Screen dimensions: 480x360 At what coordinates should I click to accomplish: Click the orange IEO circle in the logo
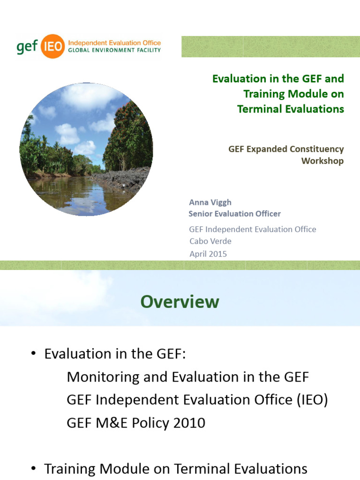point(52,46)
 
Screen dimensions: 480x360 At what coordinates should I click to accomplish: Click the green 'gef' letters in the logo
point(27,47)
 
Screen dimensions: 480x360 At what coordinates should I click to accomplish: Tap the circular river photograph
point(86,149)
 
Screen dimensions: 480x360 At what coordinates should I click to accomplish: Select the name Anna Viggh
point(210,202)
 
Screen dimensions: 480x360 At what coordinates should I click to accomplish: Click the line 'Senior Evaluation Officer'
point(234,214)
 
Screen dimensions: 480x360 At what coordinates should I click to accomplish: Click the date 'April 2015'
point(208,254)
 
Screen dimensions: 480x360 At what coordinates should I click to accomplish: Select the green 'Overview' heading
point(180,302)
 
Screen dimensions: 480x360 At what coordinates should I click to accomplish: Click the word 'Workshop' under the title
point(322,161)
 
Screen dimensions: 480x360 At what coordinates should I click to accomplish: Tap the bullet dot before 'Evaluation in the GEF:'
point(33,354)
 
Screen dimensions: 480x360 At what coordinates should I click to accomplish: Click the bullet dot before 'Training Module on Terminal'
point(33,468)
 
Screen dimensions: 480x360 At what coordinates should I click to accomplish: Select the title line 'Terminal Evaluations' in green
point(291,109)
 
